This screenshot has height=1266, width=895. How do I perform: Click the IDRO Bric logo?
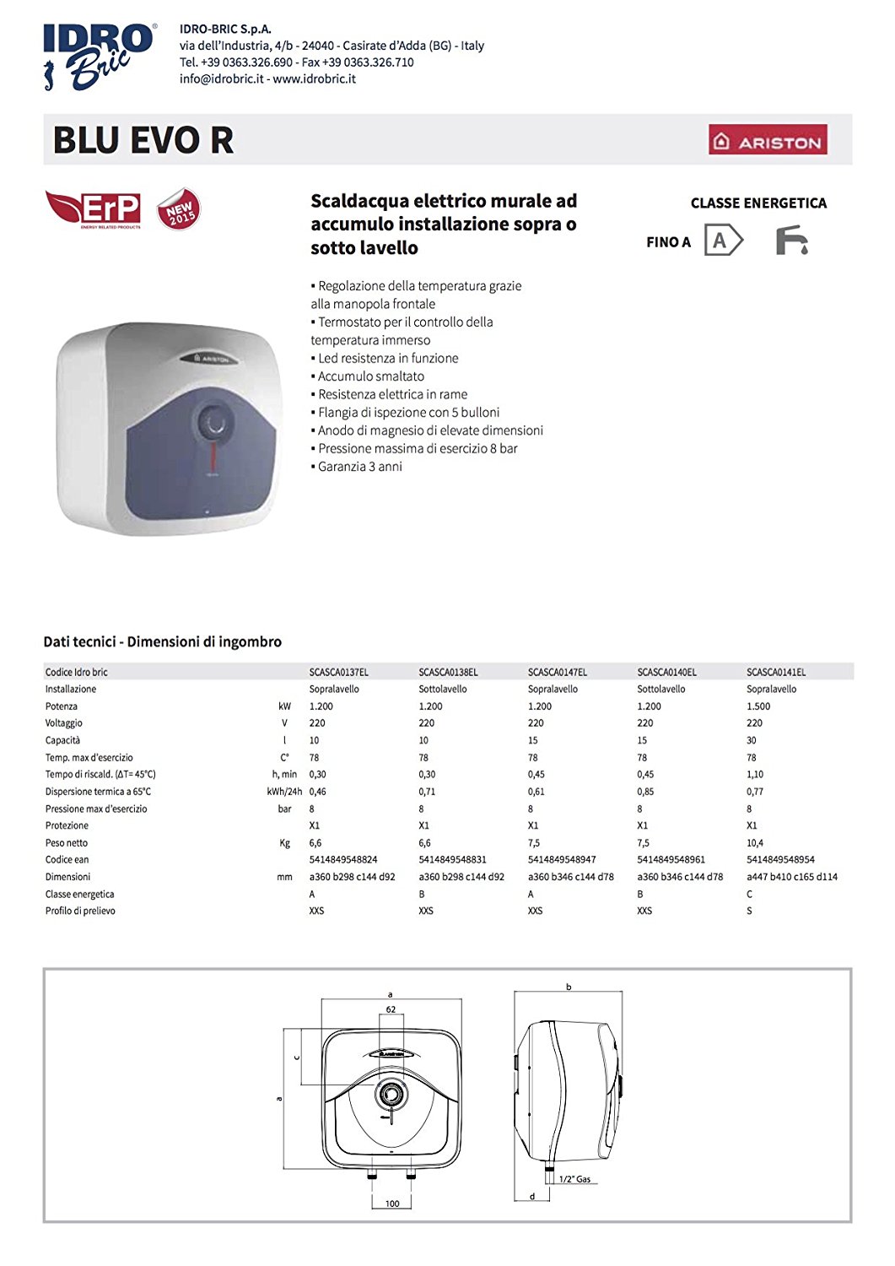(100, 56)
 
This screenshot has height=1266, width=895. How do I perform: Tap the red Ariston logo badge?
(768, 140)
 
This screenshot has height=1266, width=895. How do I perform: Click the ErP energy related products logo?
(94, 208)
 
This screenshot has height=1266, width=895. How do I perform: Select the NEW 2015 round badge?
(179, 209)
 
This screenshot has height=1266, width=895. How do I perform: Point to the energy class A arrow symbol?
(723, 241)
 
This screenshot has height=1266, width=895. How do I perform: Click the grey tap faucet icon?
(791, 241)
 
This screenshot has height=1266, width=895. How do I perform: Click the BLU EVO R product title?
(143, 140)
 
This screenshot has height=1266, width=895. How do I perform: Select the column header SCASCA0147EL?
(558, 673)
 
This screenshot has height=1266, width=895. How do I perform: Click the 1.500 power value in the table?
(758, 706)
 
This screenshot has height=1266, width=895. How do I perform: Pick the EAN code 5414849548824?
(343, 860)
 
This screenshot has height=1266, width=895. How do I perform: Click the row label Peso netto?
(67, 843)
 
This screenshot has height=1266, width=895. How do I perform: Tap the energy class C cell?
(749, 894)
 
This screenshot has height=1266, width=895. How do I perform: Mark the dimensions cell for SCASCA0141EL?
(791, 877)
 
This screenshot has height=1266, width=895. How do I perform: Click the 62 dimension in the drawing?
(391, 1009)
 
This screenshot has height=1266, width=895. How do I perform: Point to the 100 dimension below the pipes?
(392, 1204)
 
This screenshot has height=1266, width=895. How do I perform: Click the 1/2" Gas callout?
(574, 1179)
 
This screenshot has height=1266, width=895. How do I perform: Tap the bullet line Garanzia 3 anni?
(359, 467)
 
